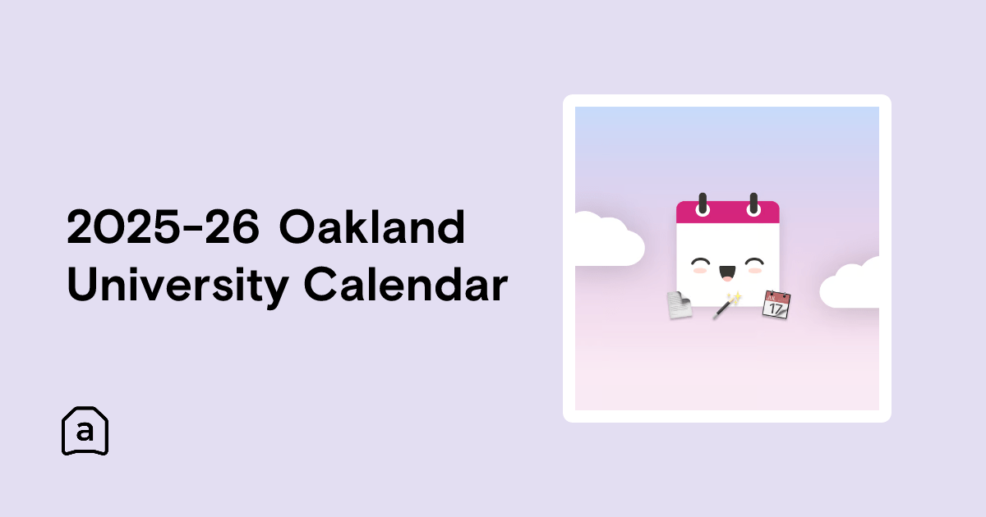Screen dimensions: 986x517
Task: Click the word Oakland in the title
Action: point(372,226)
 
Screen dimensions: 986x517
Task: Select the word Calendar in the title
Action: point(406,284)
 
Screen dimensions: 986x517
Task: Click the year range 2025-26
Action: point(163,226)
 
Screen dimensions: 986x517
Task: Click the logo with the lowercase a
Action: point(85,430)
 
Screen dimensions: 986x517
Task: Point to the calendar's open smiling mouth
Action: point(727,273)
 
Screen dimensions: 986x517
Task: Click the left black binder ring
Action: point(703,204)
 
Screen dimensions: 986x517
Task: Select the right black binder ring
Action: point(753,204)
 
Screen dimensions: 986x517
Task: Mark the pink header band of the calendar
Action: point(728,212)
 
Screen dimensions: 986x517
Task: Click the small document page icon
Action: point(680,304)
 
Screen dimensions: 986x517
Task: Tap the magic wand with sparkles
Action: point(727,305)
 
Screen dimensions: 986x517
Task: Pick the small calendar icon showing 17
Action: point(776,304)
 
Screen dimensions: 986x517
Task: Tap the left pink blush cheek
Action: point(700,270)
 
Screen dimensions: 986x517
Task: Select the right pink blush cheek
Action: point(755,270)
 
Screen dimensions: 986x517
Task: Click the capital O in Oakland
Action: point(297,226)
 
